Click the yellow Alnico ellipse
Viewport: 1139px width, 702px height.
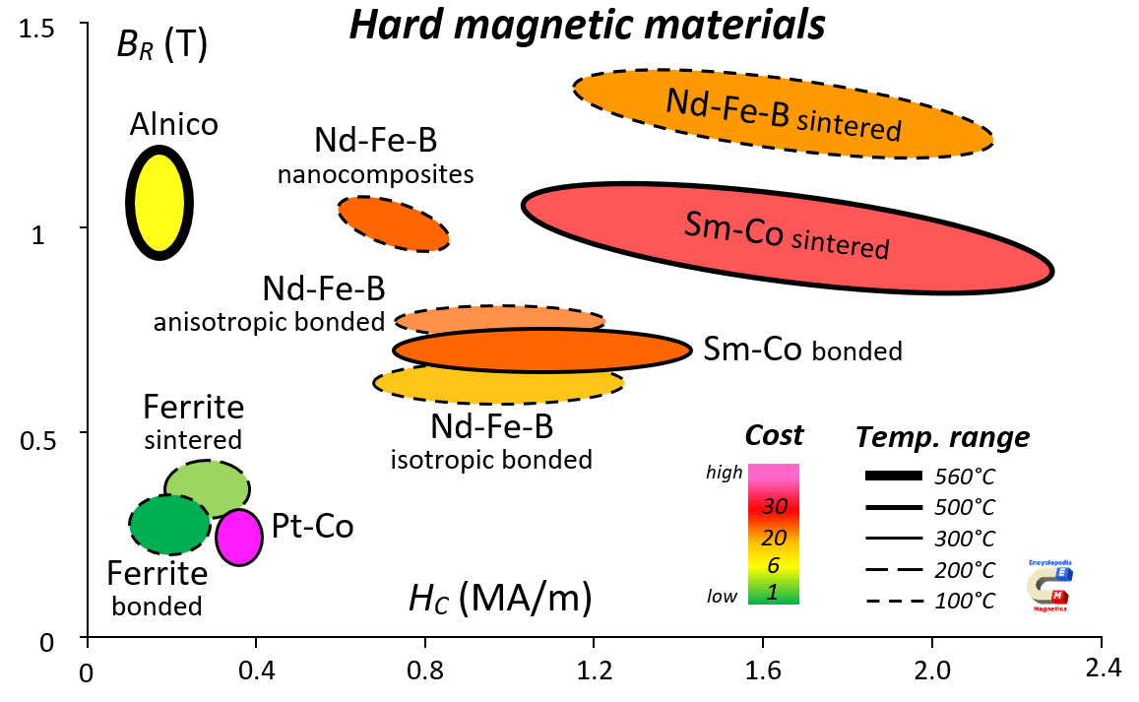(159, 202)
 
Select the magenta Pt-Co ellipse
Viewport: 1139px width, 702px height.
(239, 538)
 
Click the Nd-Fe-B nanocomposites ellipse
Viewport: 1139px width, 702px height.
(394, 223)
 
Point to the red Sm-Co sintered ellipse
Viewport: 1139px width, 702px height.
(788, 239)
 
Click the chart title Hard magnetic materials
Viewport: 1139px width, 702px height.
(587, 26)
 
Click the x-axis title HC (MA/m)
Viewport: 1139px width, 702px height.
(499, 598)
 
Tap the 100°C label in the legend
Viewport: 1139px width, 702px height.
(965, 601)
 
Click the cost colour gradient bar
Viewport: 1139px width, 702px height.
(773, 534)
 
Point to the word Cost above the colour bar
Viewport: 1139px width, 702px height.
(774, 435)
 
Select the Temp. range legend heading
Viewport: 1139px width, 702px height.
(942, 436)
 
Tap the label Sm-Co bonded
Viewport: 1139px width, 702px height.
(802, 351)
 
